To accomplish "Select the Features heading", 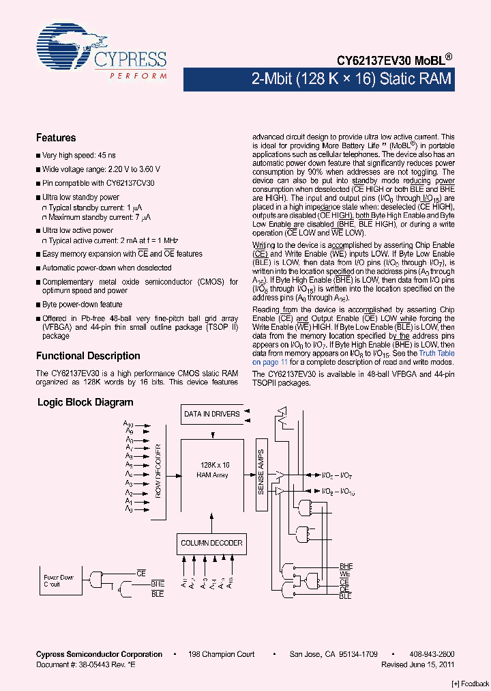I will tap(56, 138).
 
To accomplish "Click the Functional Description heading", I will tap(88, 356).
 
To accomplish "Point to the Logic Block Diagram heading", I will tap(85, 403).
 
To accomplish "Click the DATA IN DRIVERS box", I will tap(211, 413).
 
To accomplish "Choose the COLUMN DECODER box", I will tap(211, 544).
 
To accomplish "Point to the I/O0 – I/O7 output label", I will tap(337, 475).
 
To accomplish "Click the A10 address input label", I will tap(128, 424).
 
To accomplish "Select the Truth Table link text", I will tap(436, 353).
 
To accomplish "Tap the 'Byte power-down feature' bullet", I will tap(82, 305).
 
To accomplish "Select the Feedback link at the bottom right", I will tap(471, 683).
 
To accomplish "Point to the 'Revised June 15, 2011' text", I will tap(417, 664).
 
